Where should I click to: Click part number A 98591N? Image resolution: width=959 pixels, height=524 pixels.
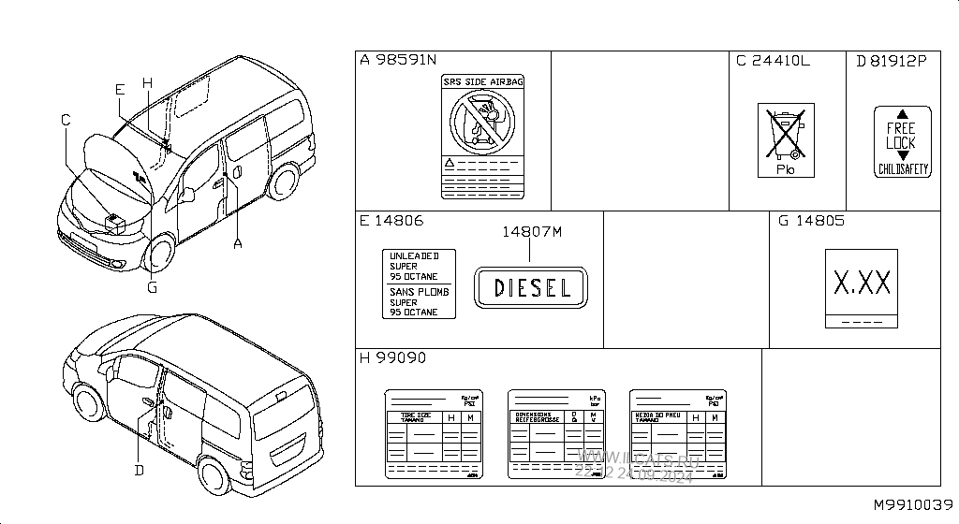click(x=399, y=61)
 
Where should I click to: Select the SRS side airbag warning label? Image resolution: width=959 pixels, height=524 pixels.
click(x=483, y=137)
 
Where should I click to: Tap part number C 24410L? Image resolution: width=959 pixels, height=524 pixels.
click(x=773, y=61)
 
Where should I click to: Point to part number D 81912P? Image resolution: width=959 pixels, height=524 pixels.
click(x=891, y=61)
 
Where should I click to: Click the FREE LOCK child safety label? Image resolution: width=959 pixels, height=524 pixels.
click(x=902, y=141)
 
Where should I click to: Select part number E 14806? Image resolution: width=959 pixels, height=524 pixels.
click(x=391, y=222)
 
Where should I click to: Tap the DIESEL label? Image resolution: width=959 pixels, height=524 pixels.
click(x=531, y=287)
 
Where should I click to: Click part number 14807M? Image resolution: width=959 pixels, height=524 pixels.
click(x=531, y=231)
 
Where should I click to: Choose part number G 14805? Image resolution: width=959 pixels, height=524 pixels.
click(x=811, y=222)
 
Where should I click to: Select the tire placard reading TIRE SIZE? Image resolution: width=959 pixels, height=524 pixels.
click(x=435, y=434)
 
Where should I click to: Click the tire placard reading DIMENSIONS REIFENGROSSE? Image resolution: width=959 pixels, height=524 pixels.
click(x=556, y=434)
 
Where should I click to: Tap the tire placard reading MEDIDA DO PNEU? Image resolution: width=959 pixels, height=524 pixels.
click(x=678, y=434)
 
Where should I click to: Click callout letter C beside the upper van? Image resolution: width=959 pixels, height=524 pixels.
click(x=66, y=120)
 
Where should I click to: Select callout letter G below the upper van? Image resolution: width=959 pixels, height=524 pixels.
click(x=152, y=287)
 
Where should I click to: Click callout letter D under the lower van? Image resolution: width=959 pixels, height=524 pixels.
click(x=139, y=470)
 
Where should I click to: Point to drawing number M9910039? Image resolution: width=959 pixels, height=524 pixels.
click(x=913, y=505)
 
